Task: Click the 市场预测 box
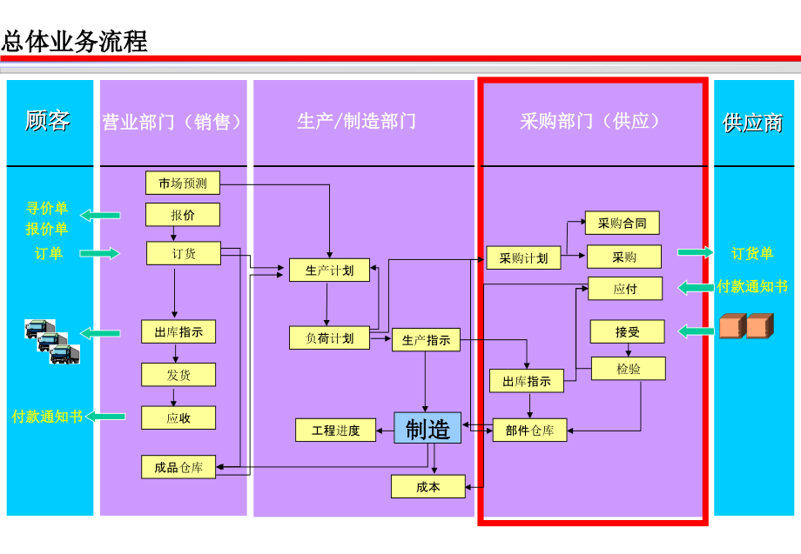click(183, 183)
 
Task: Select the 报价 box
click(183, 214)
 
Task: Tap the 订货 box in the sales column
click(183, 253)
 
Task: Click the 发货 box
click(178, 375)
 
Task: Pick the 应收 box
click(178, 417)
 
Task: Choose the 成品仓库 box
click(178, 467)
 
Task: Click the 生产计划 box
click(329, 270)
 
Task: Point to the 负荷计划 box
click(329, 338)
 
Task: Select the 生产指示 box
click(426, 340)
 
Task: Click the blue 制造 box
click(427, 428)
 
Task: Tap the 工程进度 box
click(335, 430)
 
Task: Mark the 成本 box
click(428, 487)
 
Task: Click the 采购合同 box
click(622, 223)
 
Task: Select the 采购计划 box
click(523, 257)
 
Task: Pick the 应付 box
click(625, 289)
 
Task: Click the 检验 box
click(628, 369)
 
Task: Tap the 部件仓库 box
click(529, 430)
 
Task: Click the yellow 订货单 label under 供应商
click(752, 253)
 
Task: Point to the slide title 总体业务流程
click(75, 41)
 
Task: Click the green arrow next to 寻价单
click(101, 215)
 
